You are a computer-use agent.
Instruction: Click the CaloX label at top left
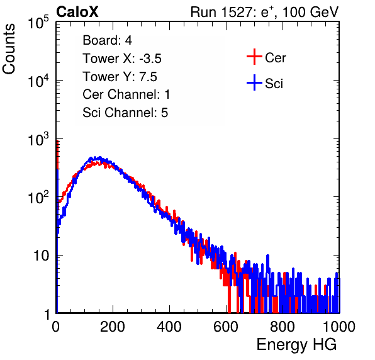(77, 12)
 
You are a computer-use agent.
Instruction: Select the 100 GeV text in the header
(310, 12)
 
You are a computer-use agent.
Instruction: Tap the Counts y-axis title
(9, 49)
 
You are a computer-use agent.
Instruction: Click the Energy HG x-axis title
(296, 345)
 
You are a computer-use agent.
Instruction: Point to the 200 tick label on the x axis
(113, 327)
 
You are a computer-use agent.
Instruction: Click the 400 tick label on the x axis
(169, 327)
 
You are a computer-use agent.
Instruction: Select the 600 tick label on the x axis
(226, 327)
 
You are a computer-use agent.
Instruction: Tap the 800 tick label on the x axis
(283, 327)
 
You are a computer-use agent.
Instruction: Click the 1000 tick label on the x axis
(339, 327)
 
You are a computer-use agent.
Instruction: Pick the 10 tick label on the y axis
(41, 256)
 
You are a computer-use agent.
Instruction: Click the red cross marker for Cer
(254, 57)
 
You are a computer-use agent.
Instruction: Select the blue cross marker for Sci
(254, 83)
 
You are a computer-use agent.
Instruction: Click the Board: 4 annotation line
(107, 40)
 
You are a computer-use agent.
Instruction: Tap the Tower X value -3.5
(150, 59)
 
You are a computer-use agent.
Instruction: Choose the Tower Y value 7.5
(148, 77)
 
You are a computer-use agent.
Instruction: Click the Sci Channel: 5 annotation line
(125, 113)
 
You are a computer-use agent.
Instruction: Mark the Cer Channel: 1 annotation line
(126, 94)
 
